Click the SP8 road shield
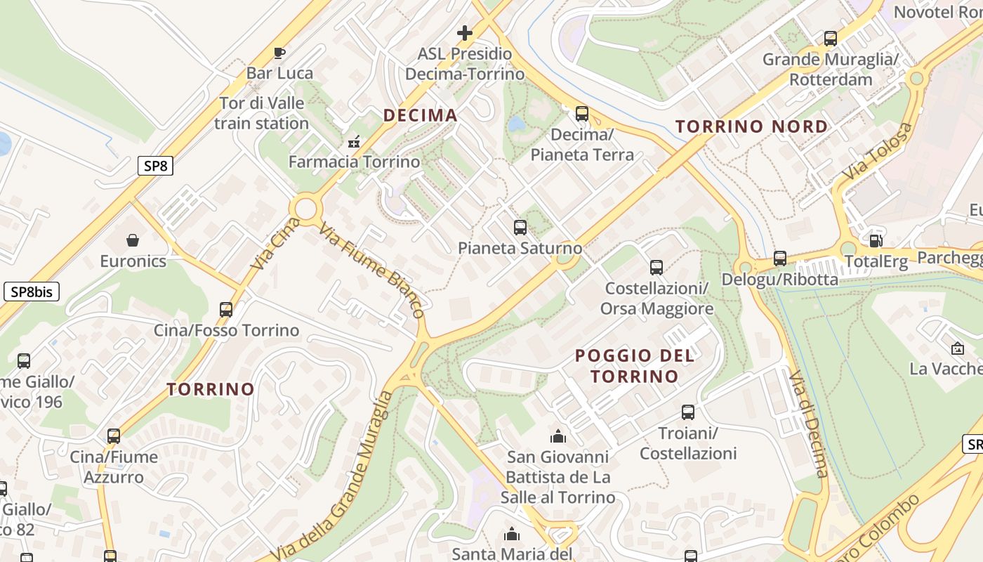tap(155, 166)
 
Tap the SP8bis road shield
tap(31, 292)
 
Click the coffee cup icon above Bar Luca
tap(279, 53)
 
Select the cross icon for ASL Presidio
tap(464, 33)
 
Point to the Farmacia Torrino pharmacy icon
tap(354, 142)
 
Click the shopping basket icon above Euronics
tap(133, 241)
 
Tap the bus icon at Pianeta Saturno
tap(520, 228)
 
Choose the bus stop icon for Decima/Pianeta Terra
tap(581, 114)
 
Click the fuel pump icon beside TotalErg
tap(876, 241)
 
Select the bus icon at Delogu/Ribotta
tap(779, 259)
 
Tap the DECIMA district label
tap(420, 115)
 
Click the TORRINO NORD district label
tap(751, 126)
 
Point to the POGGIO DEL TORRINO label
tap(634, 365)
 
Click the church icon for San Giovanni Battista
tap(558, 436)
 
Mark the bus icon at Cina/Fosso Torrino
tap(226, 310)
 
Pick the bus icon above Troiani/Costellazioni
tap(687, 412)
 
